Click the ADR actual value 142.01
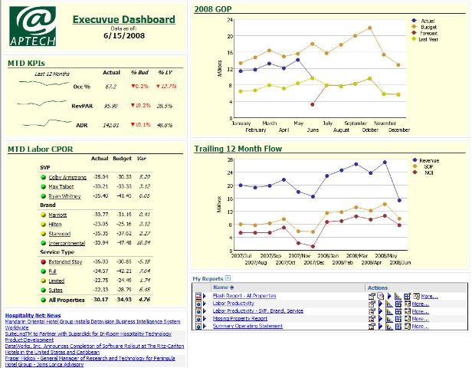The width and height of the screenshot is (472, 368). click(112, 124)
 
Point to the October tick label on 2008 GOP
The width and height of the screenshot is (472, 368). click(370, 130)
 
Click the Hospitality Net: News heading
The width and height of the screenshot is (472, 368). click(33, 315)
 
